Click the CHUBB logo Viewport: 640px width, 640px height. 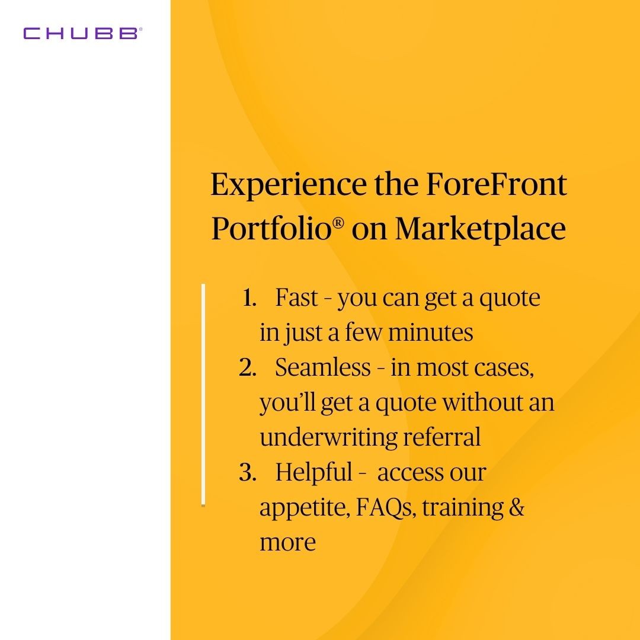[x=82, y=33]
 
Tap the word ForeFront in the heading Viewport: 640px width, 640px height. [x=496, y=185]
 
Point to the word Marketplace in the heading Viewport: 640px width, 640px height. [x=480, y=229]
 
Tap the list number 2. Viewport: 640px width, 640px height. [x=247, y=368]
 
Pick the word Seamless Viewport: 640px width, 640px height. [x=322, y=368]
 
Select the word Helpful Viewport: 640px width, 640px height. [x=313, y=473]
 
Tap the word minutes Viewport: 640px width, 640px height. [x=430, y=333]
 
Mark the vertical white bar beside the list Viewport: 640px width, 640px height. [x=203, y=394]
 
